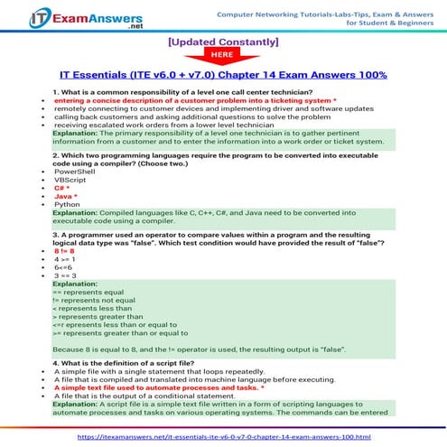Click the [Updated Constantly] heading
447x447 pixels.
[223, 42]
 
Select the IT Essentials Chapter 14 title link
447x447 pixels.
[223, 75]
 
